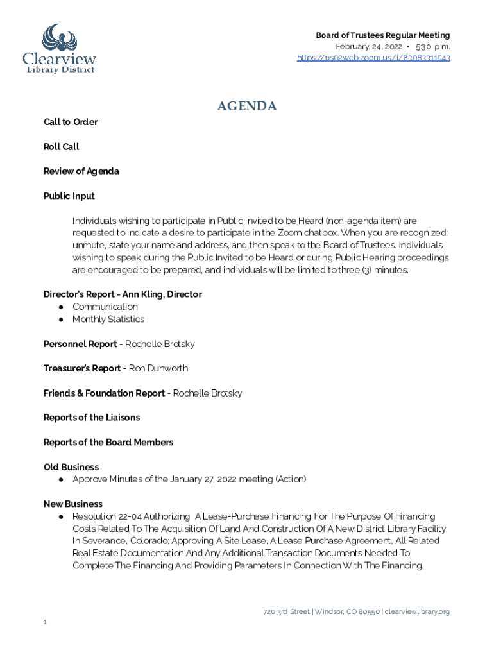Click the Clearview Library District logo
59,48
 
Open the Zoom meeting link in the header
373,58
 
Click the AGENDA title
247,107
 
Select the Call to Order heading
71,122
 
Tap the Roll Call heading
62,147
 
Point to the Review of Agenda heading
81,171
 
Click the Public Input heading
69,196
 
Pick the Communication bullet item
105,307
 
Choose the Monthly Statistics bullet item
108,319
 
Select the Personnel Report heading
80,344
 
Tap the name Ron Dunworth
158,368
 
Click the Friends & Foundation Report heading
104,393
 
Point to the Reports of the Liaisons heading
92,418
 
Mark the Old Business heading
71,467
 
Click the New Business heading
73,504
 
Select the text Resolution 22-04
106,516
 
